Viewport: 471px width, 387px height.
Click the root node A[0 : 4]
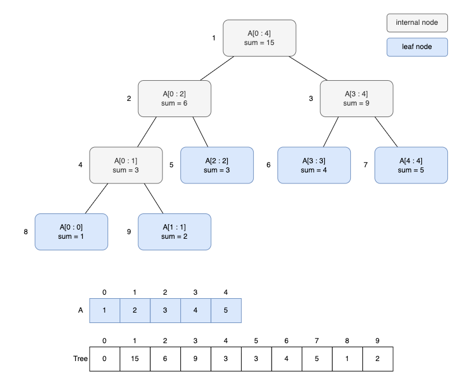click(259, 38)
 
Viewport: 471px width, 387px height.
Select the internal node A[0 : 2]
click(174, 99)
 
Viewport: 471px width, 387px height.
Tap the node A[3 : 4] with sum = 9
click(357, 99)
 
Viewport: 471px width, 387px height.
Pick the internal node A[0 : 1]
click(125, 166)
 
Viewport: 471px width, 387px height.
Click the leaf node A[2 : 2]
click(217, 166)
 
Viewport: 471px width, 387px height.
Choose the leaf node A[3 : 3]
click(314, 166)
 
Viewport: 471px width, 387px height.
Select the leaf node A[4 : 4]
click(411, 166)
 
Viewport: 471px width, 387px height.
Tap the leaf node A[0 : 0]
click(71, 232)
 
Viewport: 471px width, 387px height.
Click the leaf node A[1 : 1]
click(174, 232)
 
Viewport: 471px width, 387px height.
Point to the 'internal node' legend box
click(417, 23)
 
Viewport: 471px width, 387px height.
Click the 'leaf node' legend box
click(417, 47)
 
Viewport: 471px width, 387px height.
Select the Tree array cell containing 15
click(135, 359)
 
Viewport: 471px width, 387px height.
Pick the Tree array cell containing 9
click(195, 359)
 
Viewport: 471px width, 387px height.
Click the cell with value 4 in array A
click(195, 310)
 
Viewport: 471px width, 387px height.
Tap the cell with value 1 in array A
click(105, 310)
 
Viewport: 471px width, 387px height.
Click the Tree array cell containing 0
click(105, 359)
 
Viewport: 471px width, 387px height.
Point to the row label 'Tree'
click(80, 359)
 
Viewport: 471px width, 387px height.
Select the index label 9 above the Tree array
click(377, 341)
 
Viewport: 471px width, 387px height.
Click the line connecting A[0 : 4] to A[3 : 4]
click(308, 69)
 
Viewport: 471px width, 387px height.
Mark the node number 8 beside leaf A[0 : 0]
click(26, 232)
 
